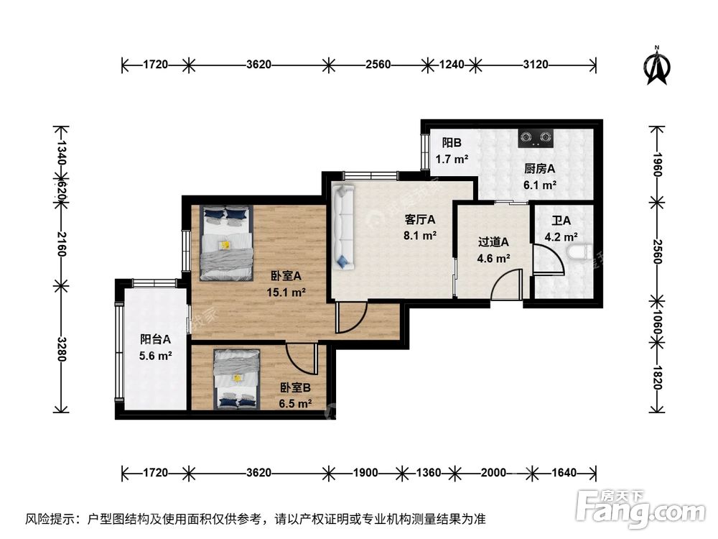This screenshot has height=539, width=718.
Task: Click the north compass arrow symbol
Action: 656,65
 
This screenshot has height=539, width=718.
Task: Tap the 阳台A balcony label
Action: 155,339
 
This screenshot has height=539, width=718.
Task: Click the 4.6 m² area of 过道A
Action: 494,257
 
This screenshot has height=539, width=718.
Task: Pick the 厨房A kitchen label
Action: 540,169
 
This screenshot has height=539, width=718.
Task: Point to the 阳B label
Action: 452,142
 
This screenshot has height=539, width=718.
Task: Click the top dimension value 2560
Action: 378,65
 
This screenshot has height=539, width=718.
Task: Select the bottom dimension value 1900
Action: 365,473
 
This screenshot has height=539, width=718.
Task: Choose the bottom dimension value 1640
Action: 564,473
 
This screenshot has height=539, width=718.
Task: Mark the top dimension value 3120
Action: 536,65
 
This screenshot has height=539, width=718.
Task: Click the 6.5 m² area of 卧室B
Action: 295,403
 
